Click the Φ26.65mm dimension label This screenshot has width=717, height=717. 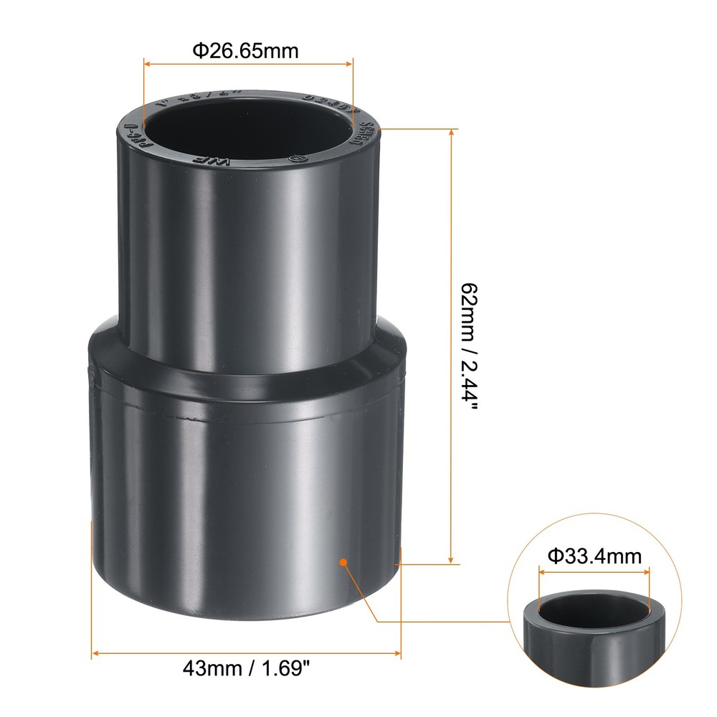[x=244, y=51]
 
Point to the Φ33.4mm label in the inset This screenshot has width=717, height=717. [x=594, y=556]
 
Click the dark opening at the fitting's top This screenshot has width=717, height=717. [x=247, y=125]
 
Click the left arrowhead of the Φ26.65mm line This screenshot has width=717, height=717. [x=148, y=64]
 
